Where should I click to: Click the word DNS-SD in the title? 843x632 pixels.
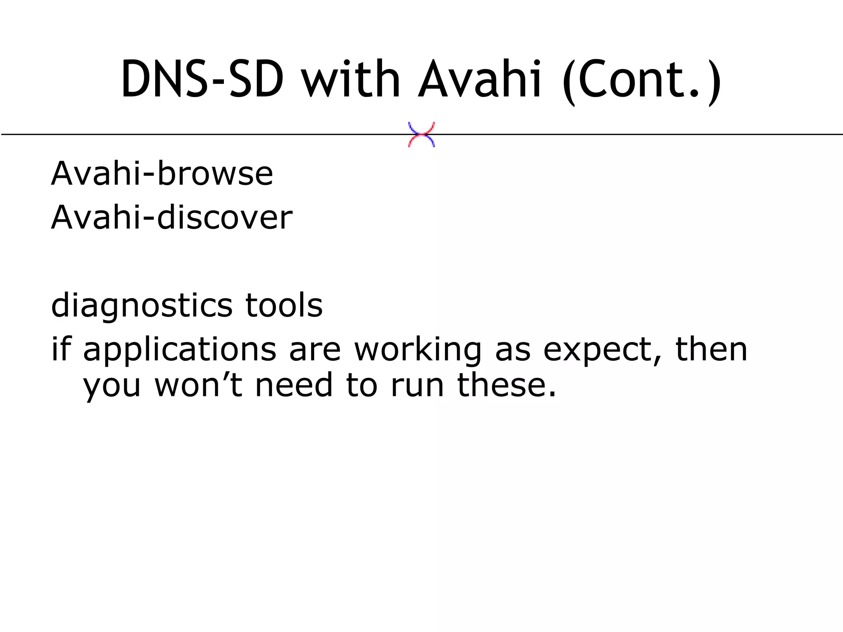coord(202,79)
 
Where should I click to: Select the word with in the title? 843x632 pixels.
coord(351,79)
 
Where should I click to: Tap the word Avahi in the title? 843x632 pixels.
coord(480,79)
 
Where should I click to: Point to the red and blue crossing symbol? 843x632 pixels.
coord(421,135)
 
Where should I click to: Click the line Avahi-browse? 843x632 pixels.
coord(162,174)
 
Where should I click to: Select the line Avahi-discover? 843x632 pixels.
coord(172,218)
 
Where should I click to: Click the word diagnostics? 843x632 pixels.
coord(142,306)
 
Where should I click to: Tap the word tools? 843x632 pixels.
coord(284,305)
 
